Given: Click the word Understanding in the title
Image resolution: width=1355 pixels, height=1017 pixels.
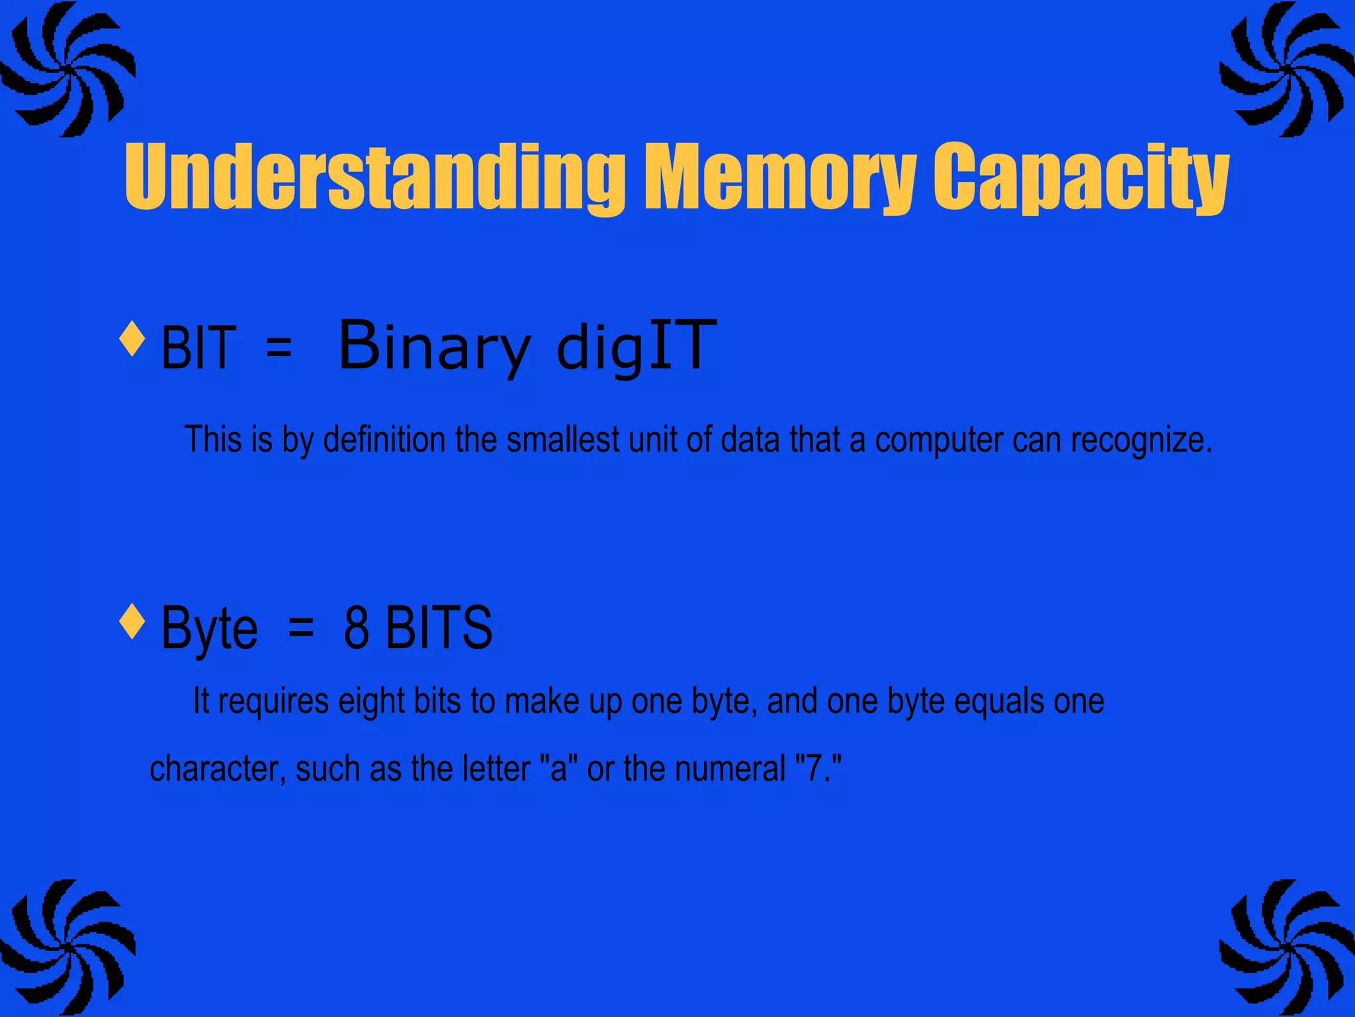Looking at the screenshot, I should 374,177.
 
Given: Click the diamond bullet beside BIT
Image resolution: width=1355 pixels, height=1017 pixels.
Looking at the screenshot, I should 132,338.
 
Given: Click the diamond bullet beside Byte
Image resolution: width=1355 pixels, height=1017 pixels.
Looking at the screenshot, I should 132,621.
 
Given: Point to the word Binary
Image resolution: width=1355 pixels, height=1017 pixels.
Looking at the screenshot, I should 434,346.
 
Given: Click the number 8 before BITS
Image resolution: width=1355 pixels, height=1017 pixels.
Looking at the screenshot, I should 356,628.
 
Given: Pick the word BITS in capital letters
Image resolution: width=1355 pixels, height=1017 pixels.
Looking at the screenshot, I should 439,628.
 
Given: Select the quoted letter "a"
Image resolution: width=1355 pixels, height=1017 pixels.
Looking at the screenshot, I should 559,769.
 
